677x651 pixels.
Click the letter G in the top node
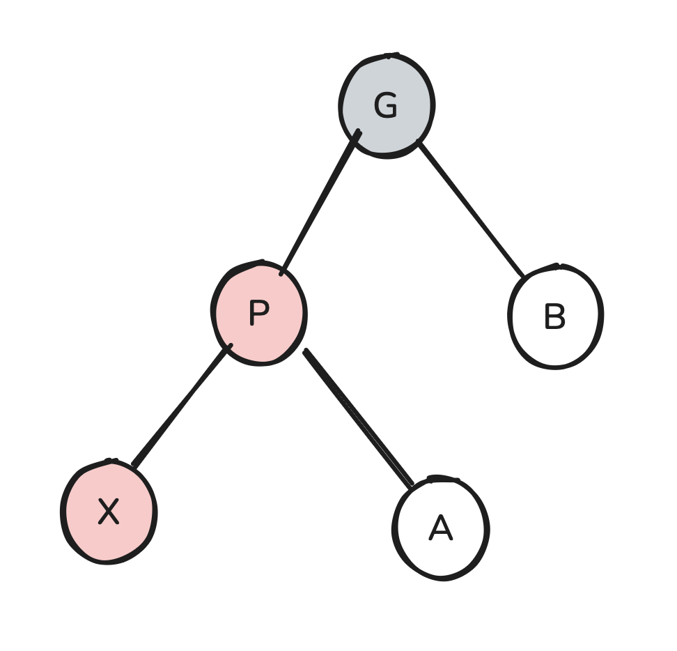pyautogui.click(x=385, y=107)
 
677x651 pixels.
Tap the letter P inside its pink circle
pyautogui.click(x=258, y=314)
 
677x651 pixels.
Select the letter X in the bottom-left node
pyautogui.click(x=108, y=512)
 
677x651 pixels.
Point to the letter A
pyautogui.click(x=440, y=529)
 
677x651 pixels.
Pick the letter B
pyautogui.click(x=554, y=318)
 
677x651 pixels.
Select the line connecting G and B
pyautogui.click(x=471, y=209)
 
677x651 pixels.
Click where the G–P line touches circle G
pyautogui.click(x=357, y=132)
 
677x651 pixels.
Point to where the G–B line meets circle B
pyautogui.click(x=523, y=277)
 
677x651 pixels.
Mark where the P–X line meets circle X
pyautogui.click(x=134, y=465)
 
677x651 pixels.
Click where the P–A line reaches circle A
pyautogui.click(x=412, y=484)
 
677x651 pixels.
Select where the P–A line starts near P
pyautogui.click(x=305, y=351)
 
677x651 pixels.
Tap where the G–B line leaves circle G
pyautogui.click(x=419, y=141)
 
